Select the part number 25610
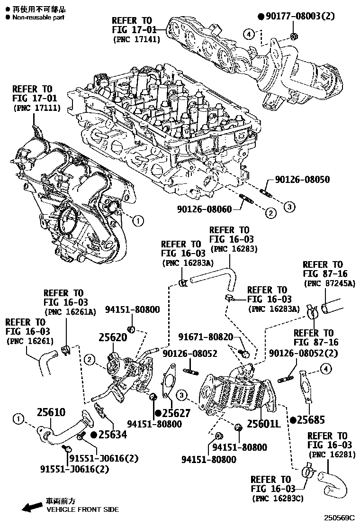coord(48,412)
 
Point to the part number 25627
coord(172,413)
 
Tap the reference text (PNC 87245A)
coord(329,284)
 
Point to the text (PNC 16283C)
coord(277,498)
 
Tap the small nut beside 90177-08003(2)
coord(294,36)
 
